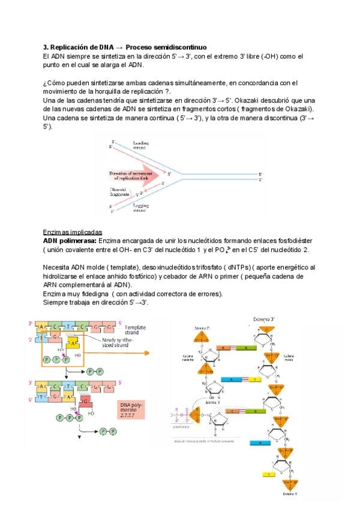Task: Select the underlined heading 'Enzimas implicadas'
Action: click(x=72, y=232)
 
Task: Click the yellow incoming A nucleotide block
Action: click(x=73, y=342)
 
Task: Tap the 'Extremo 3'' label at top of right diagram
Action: click(x=264, y=319)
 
